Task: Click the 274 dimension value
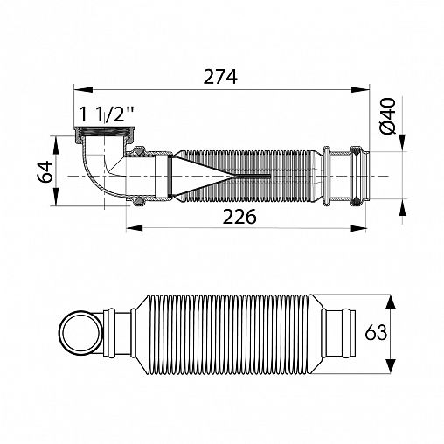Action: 220,77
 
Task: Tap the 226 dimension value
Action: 239,217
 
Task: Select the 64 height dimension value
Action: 45,171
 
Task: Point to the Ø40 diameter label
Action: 388,115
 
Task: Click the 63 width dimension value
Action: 376,332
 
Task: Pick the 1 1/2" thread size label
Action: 107,114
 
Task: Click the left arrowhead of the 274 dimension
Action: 83,90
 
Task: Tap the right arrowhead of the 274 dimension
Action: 360,90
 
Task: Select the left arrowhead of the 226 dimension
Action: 135,228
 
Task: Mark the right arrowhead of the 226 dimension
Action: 357,228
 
